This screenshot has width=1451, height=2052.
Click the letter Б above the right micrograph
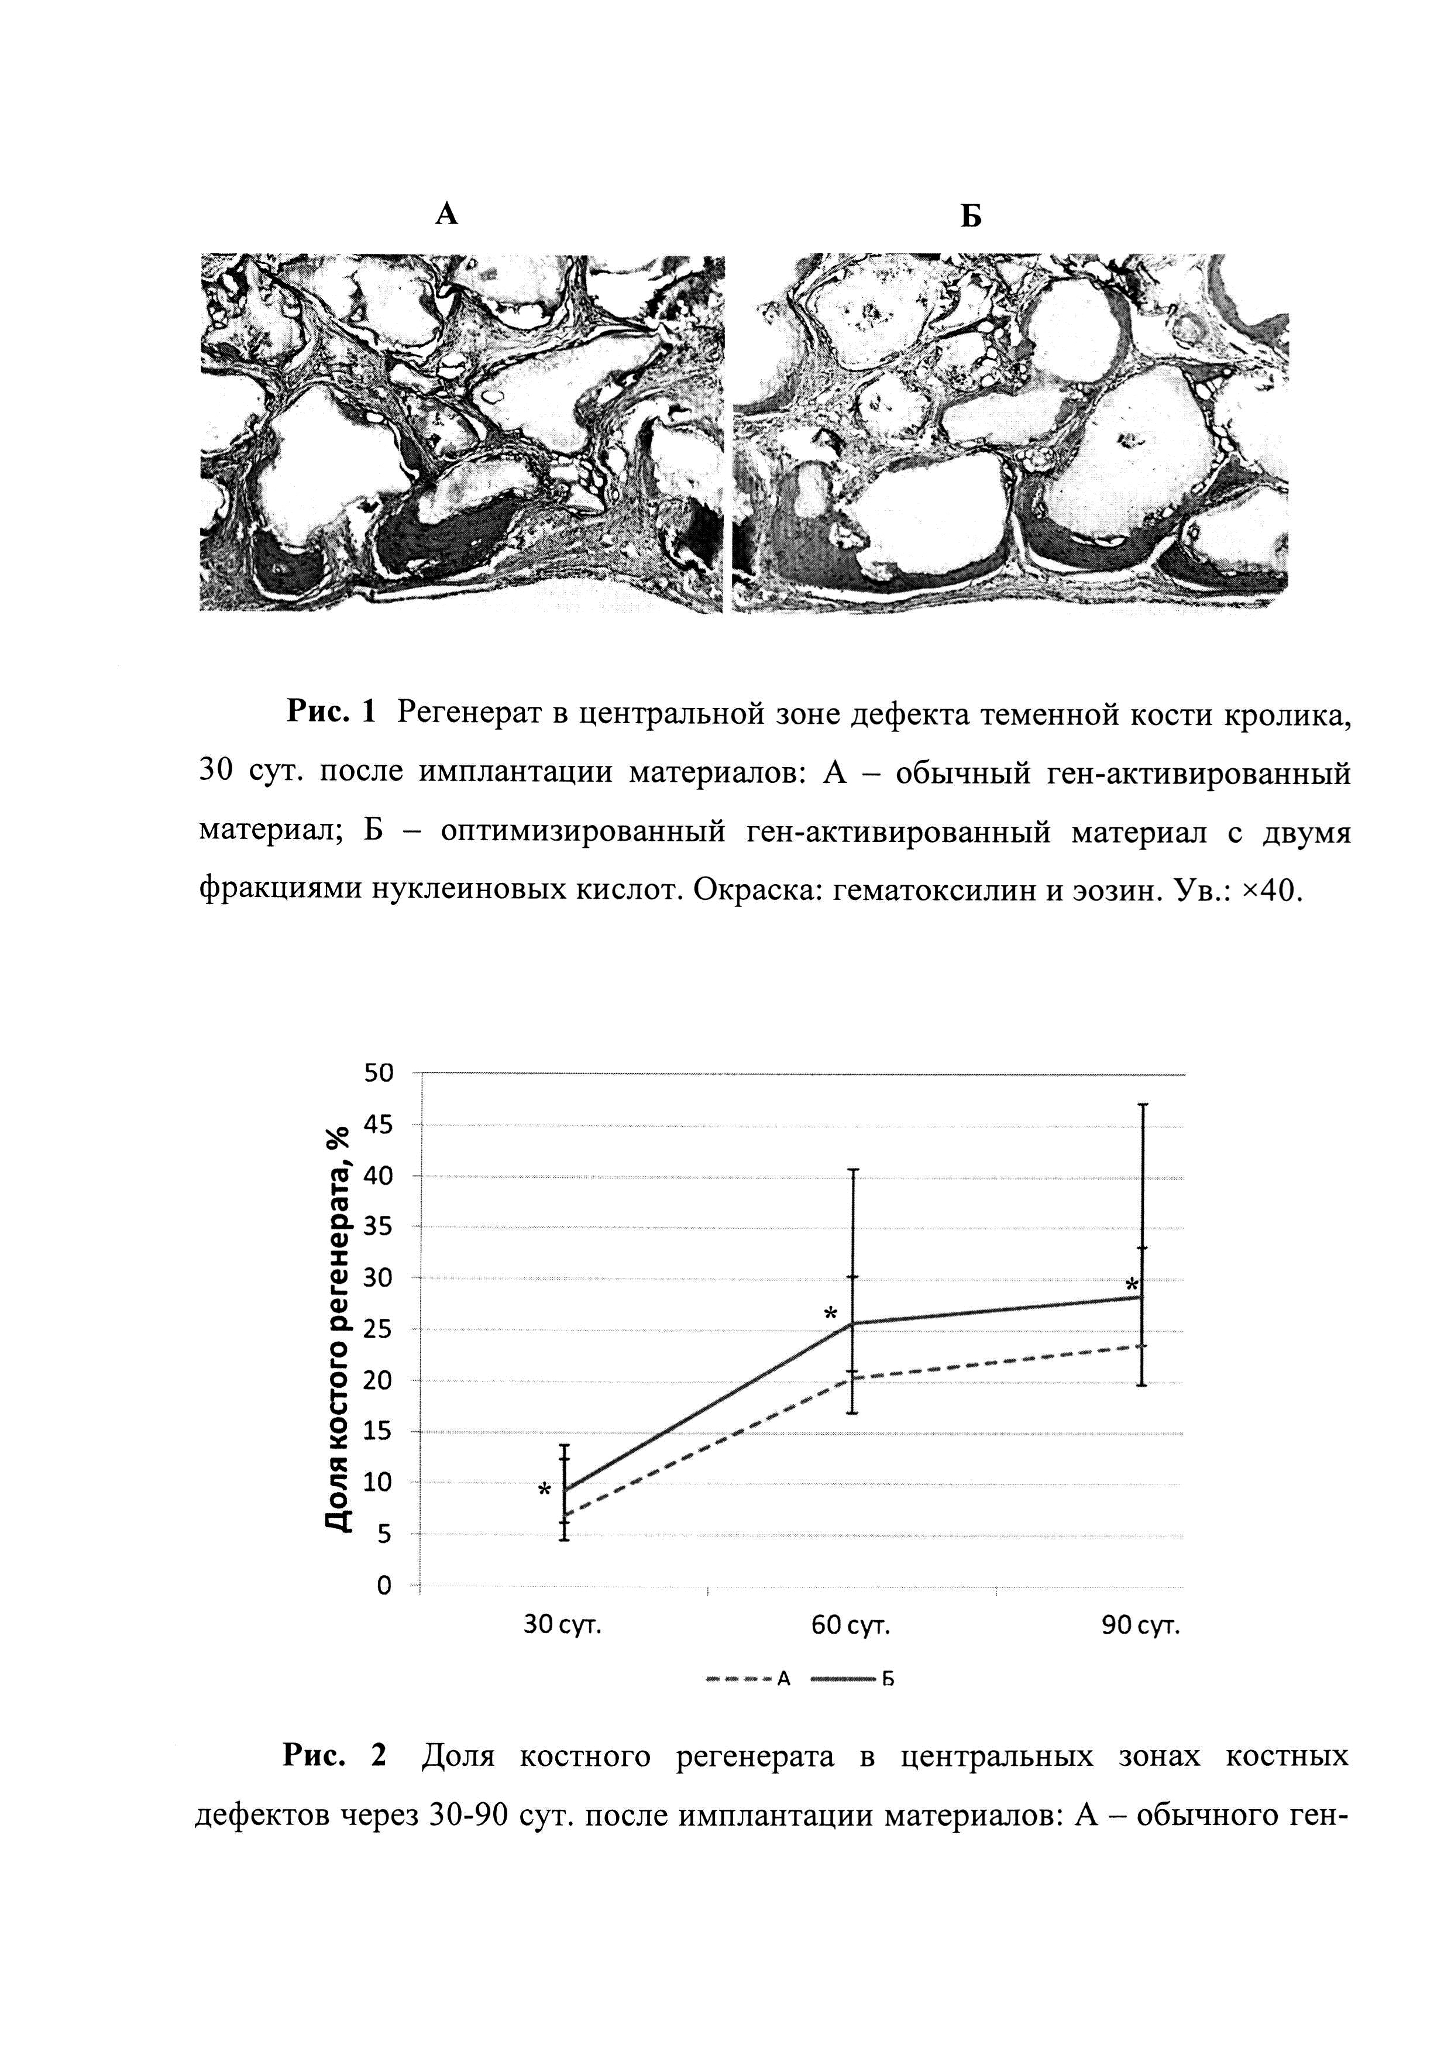(971, 216)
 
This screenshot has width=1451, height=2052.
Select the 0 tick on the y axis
(384, 1586)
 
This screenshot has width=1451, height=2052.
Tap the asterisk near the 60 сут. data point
(830, 1315)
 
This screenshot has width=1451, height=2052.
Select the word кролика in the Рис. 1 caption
(1287, 712)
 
